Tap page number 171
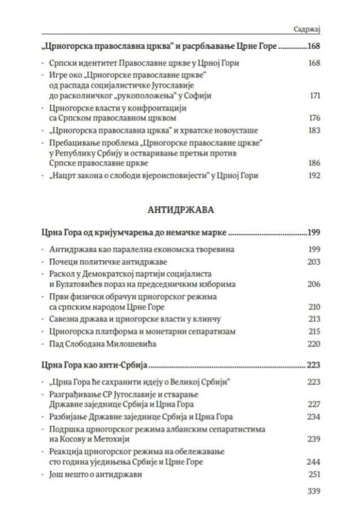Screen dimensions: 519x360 click(315, 96)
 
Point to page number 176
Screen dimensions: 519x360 click(314, 118)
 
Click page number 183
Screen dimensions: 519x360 click(314, 130)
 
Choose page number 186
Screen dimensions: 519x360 click(314, 163)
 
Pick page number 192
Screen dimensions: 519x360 click(314, 175)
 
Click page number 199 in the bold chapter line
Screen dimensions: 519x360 click(313, 232)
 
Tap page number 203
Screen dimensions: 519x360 click(314, 261)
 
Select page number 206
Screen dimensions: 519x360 click(314, 284)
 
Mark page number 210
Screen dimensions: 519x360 click(314, 307)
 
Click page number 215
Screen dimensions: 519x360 click(314, 331)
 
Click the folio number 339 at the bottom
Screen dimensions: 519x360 click(314, 491)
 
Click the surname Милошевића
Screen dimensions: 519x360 click(126, 343)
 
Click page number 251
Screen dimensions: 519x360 click(314, 474)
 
